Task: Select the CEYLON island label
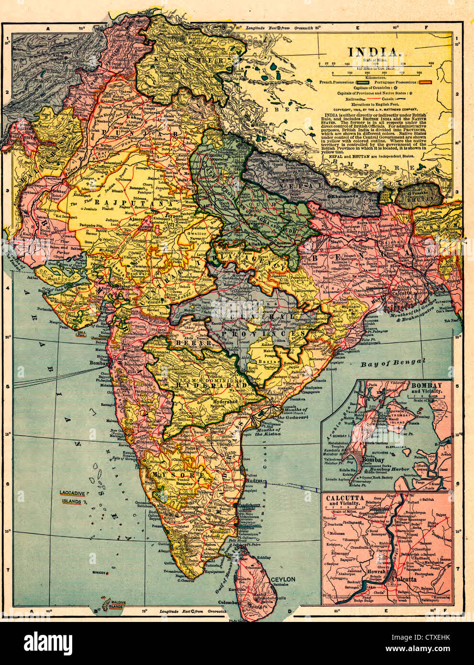(283, 579)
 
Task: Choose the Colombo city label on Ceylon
(229, 603)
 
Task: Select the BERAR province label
(187, 344)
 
